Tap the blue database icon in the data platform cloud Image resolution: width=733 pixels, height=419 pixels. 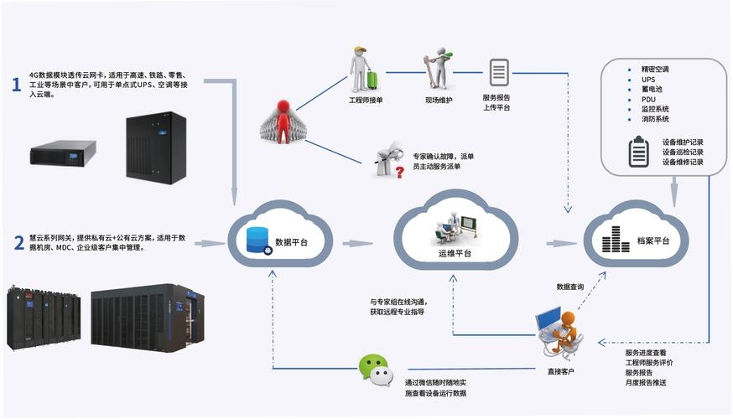tap(257, 241)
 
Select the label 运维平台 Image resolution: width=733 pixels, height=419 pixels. tap(455, 254)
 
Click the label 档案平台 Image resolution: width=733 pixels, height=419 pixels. tap(654, 241)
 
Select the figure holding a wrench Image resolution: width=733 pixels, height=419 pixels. tap(438, 70)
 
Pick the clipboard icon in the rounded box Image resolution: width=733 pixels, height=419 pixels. tap(639, 152)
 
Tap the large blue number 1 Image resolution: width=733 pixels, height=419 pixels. tap(16, 85)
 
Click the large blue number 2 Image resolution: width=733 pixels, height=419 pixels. tap(18, 243)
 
